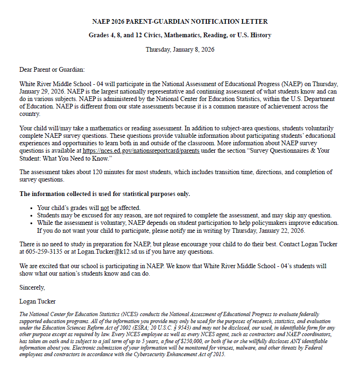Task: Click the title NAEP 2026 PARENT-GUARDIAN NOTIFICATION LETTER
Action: (180, 21)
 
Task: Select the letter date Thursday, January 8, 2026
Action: (180, 49)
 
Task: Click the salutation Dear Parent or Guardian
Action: (52, 70)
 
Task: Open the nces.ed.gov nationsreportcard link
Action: (141, 151)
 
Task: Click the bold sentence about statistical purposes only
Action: (105, 194)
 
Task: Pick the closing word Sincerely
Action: (32, 287)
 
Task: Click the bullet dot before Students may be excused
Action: (31, 216)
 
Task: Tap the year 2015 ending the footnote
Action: (218, 354)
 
